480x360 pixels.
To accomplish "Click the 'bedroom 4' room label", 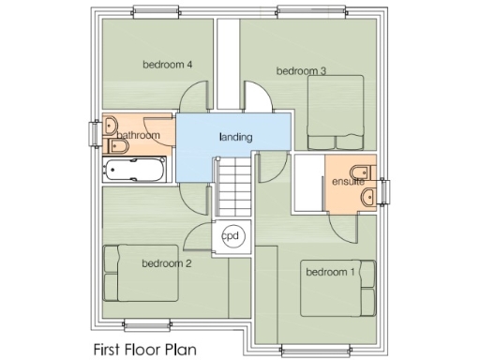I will (x=168, y=65).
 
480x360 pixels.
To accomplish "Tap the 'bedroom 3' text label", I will (x=301, y=70).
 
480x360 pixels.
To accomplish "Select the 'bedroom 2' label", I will (x=167, y=263).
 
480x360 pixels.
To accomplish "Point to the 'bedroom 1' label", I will (x=329, y=272).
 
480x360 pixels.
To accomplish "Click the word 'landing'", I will (x=235, y=137).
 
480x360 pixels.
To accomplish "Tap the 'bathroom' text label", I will (x=140, y=136).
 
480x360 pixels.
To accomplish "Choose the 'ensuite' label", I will (x=348, y=181).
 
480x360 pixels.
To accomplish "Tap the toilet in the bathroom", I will (x=119, y=149).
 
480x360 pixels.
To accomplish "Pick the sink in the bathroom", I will (x=110, y=126).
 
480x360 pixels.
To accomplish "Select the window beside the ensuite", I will (x=384, y=183).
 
